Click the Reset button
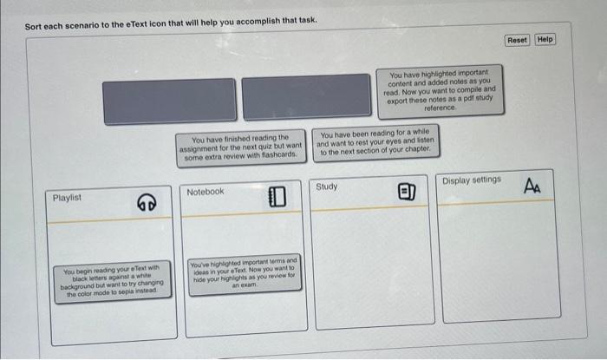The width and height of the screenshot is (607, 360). [x=516, y=40]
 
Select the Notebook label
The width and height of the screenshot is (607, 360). [x=206, y=192]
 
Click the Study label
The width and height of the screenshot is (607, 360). [x=327, y=187]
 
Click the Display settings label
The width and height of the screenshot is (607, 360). [x=472, y=180]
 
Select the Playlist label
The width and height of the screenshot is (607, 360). [x=68, y=198]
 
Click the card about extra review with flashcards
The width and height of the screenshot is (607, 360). [x=240, y=146]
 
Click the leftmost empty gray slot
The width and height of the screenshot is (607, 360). [x=169, y=99]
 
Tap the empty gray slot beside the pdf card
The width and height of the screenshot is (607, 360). [x=305, y=96]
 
